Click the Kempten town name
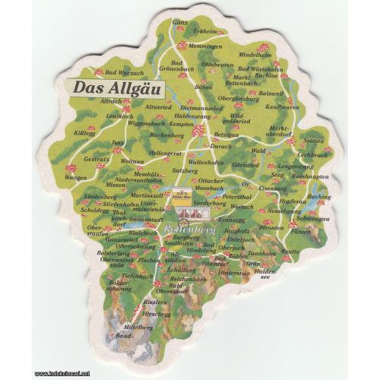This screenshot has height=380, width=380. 182,123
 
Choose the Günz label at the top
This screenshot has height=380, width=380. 180,23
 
